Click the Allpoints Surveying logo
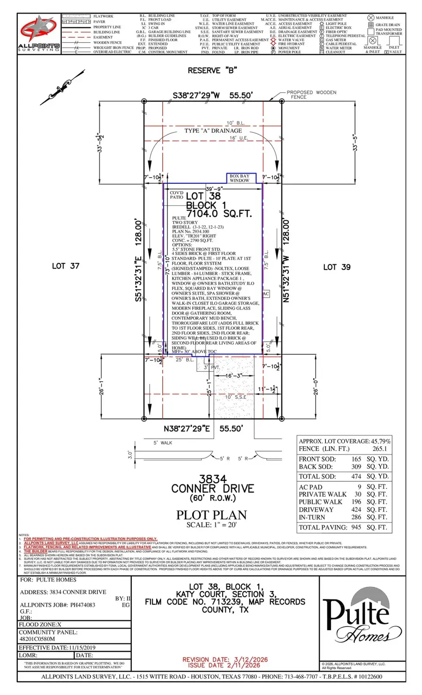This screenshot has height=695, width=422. pyautogui.click(x=39, y=33)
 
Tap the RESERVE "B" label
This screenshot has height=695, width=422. pyautogui.click(x=212, y=70)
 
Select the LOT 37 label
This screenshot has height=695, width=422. pyautogui.click(x=66, y=266)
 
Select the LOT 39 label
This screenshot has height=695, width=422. pyautogui.click(x=337, y=267)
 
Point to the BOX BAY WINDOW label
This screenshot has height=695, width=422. pyautogui.click(x=240, y=178)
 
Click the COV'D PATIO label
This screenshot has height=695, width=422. pyautogui.click(x=177, y=195)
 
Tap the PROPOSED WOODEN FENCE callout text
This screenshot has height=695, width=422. pyautogui.click(x=311, y=95)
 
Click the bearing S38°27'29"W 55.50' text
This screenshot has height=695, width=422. pyautogui.click(x=212, y=95)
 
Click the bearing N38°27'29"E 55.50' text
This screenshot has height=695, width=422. pyautogui.click(x=203, y=428)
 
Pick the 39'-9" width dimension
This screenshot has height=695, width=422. pyautogui.click(x=213, y=189)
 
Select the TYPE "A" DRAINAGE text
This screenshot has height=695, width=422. pyautogui.click(x=213, y=131)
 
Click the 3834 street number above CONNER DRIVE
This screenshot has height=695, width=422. pyautogui.click(x=212, y=479)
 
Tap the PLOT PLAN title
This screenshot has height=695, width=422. pyautogui.click(x=211, y=515)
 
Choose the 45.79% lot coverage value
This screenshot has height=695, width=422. pyautogui.click(x=381, y=441)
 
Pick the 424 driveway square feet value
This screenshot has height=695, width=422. pyautogui.click(x=356, y=509)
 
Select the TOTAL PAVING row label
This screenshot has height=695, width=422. pyautogui.click(x=323, y=527)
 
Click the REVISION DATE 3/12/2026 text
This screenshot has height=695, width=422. pyautogui.click(x=225, y=659)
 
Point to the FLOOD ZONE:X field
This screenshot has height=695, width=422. pyautogui.click(x=40, y=625)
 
